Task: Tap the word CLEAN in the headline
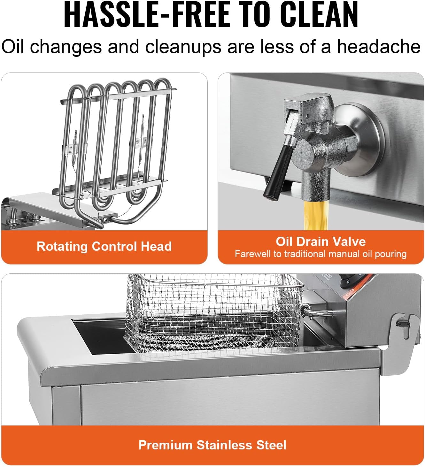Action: point(319,14)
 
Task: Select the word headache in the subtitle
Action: point(379,47)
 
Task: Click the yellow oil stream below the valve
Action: point(316,215)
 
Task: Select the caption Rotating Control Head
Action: point(104,246)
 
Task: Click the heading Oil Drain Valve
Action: point(321,241)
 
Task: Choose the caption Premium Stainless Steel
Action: point(212,445)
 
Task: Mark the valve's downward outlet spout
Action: point(316,186)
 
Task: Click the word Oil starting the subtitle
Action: point(13,47)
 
